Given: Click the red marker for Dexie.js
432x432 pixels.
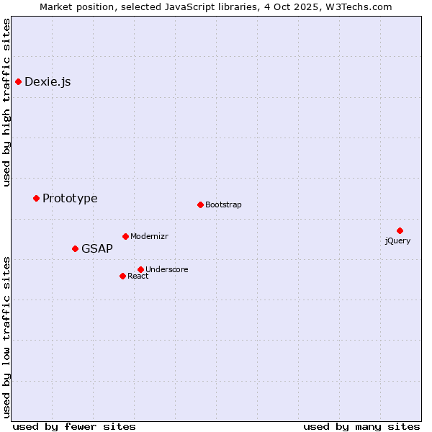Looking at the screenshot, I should click(x=18, y=81).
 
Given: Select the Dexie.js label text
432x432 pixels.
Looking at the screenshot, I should click(x=48, y=82).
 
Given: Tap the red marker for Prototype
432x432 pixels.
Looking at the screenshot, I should click(x=36, y=198).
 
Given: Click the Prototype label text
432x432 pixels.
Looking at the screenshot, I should click(x=70, y=199).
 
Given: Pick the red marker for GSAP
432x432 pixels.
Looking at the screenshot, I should click(x=75, y=248).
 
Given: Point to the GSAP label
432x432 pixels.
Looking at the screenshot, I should click(x=97, y=249).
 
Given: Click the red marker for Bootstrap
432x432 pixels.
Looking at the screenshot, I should click(x=200, y=204).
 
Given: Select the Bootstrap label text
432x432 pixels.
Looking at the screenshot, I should click(x=223, y=205).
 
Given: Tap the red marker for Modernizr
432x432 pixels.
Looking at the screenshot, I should click(x=125, y=236).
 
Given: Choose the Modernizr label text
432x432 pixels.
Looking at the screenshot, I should click(x=149, y=237).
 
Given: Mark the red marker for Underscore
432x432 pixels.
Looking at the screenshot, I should click(x=140, y=269).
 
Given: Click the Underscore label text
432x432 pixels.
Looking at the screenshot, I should click(x=166, y=270).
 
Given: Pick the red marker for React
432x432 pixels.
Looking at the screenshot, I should click(x=122, y=276).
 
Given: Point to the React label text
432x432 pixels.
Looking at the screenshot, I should click(x=138, y=276).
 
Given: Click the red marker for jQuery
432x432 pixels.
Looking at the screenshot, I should click(x=400, y=230).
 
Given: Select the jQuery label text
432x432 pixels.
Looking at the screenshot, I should click(x=397, y=241).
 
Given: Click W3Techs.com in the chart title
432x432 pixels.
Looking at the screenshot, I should click(x=358, y=7).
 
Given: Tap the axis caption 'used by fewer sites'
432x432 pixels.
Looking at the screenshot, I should click(x=74, y=426).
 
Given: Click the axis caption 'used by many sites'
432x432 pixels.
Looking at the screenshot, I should click(x=361, y=426).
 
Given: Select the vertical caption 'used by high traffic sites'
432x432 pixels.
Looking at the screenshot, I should click(x=7, y=102).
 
